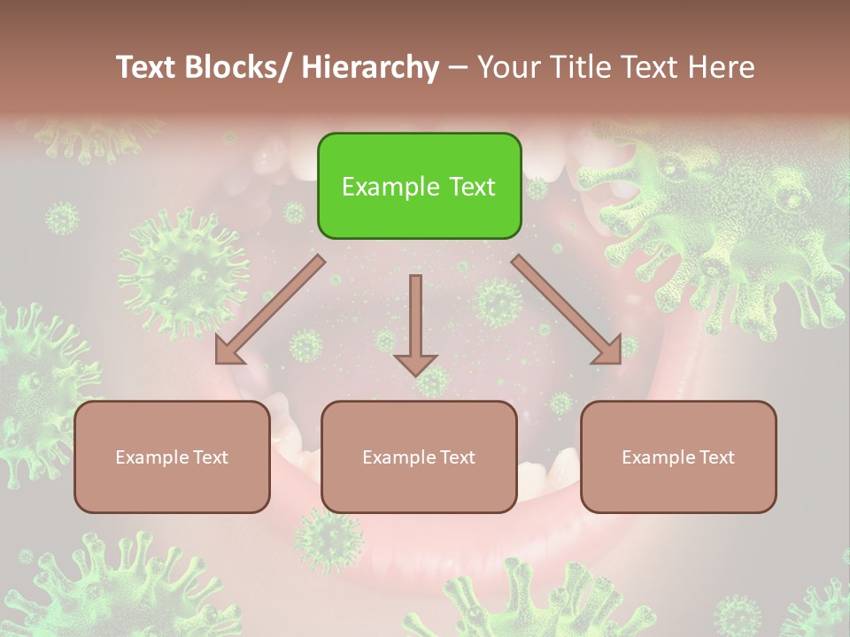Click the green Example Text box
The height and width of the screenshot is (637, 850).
[419, 186]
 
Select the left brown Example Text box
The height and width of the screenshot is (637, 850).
[172, 457]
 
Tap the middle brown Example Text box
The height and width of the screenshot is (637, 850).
[419, 457]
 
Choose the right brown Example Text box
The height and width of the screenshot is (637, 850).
[678, 457]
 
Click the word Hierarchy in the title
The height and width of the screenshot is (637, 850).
[370, 67]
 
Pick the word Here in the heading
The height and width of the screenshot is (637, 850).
[722, 67]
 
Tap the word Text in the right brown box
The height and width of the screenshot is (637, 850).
[715, 457]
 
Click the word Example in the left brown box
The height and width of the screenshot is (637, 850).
[152, 457]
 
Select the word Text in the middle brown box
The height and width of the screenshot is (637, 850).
[456, 457]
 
